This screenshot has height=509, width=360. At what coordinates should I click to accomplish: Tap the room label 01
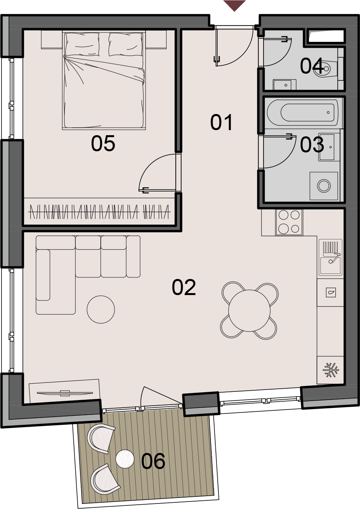221,123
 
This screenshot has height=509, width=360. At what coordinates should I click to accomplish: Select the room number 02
184,288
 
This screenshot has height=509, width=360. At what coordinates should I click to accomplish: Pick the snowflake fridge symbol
331,370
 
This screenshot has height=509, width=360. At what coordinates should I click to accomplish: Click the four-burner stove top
289,222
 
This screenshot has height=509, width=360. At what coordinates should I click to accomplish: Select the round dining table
249,311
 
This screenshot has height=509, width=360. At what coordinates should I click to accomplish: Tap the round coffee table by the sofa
101,309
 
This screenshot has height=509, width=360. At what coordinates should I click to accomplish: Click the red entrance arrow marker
235,5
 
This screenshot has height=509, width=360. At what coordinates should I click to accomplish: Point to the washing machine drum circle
324,185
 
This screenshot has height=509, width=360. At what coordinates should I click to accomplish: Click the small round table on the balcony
125,459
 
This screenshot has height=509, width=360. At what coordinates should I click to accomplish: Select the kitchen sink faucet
334,258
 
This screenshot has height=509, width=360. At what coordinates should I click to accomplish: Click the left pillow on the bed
82,44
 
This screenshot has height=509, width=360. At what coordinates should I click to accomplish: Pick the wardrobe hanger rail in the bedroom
99,212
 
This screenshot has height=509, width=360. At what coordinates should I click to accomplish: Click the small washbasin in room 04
285,85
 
